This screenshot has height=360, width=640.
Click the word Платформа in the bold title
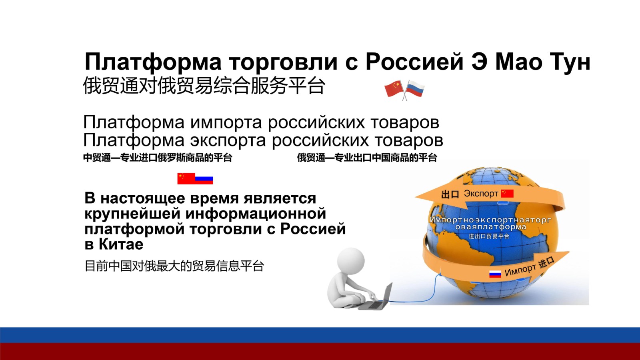click(x=153, y=62)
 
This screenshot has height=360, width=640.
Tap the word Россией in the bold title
click(x=414, y=62)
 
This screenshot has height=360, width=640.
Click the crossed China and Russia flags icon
click(x=404, y=90)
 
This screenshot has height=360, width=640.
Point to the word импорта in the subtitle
click(x=226, y=123)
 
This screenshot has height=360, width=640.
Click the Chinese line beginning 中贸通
click(x=158, y=158)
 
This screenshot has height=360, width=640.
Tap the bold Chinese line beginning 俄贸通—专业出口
click(x=367, y=158)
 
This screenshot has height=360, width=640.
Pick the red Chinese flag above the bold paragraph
click(x=186, y=178)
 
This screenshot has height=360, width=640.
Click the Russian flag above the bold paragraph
click(x=204, y=178)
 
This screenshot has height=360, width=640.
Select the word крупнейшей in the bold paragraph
click(x=132, y=214)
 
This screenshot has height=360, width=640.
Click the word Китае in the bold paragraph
click(x=121, y=244)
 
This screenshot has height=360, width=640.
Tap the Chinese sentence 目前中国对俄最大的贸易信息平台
click(x=174, y=266)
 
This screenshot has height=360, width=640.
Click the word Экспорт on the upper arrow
click(x=481, y=194)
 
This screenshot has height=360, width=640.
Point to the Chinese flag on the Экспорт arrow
click(x=507, y=194)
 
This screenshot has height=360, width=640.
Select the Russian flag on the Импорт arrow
click(x=495, y=274)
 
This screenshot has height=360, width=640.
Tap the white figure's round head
click(x=351, y=261)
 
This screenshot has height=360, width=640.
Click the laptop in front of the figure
click(x=375, y=298)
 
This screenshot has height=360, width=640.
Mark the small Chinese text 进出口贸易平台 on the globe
click(x=489, y=236)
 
